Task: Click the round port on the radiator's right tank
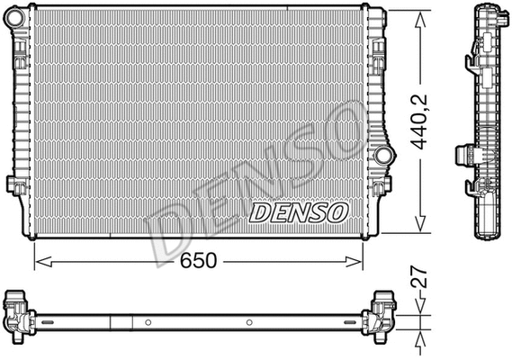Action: coord(385,155)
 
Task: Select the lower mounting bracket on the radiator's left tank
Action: coord(14,184)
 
